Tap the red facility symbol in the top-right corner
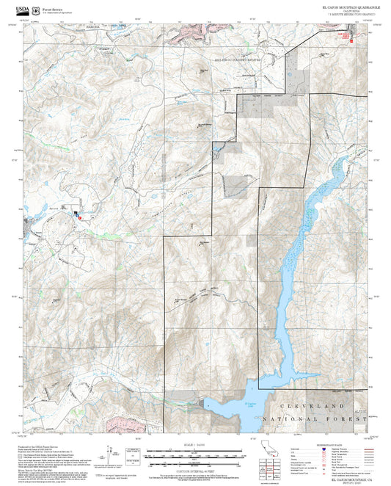click(352, 40)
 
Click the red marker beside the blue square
click(80, 217)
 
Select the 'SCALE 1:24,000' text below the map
click(194, 443)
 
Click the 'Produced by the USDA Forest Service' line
click(44, 446)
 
